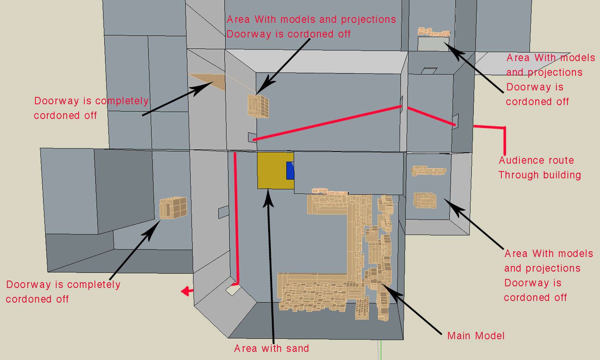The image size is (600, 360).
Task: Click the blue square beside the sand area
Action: [290, 170]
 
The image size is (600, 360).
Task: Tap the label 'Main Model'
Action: [476, 336]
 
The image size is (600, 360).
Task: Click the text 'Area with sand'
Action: [271, 349]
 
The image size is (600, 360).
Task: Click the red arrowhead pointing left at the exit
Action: [186, 291]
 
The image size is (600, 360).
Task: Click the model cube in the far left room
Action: [173, 208]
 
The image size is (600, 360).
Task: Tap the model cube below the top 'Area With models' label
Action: [258, 106]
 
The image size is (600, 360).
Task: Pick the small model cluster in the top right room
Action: [434, 32]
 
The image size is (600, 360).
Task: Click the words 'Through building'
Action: [539, 175]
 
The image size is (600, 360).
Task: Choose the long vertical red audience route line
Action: [236, 218]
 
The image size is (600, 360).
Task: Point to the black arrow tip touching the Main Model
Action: [382, 286]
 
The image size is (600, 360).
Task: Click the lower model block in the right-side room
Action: [425, 200]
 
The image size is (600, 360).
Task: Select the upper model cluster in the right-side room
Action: [429, 171]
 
